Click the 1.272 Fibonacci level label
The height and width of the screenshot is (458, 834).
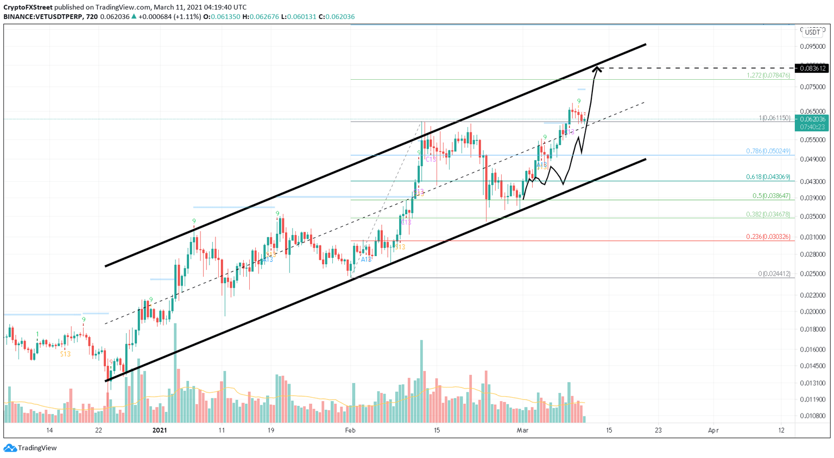coord(768,75)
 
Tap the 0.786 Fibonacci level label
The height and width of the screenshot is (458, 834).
coord(768,151)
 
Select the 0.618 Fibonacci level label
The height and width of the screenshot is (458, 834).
coord(768,177)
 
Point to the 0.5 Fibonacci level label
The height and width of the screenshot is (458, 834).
coord(771,196)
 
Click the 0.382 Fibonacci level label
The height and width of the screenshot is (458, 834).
coord(768,214)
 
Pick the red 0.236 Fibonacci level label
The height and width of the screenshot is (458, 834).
coord(768,237)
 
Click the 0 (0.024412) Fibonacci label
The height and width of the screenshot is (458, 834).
coord(774,274)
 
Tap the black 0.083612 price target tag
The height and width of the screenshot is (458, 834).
coord(812,68)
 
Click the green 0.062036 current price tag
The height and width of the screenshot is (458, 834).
coord(812,119)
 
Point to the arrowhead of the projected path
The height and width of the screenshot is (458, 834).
coord(597,68)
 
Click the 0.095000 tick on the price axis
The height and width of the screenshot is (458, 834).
coord(812,46)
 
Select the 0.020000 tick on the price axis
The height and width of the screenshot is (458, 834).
coord(812,311)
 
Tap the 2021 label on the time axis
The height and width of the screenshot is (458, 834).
coord(160,430)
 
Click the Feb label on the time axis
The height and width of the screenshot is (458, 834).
coord(350,430)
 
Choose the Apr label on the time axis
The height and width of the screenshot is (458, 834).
coord(713,430)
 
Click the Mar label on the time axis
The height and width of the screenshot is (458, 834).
coord(522,430)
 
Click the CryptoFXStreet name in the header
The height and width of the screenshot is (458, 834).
coord(28,7)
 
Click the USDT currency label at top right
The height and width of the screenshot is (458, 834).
coord(812,32)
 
